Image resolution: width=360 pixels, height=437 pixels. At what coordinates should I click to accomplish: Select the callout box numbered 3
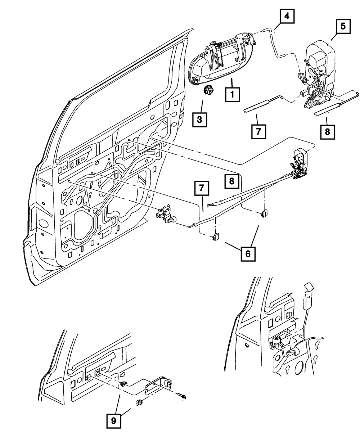199,120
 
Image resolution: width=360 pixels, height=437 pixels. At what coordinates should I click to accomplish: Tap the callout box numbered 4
287,16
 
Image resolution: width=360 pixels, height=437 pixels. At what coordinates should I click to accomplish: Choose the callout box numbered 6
248,254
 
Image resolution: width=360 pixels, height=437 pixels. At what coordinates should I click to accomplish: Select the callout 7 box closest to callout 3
258,132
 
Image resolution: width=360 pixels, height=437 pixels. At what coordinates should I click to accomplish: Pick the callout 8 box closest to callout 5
327,131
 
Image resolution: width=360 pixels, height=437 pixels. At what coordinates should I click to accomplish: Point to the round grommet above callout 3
208,90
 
